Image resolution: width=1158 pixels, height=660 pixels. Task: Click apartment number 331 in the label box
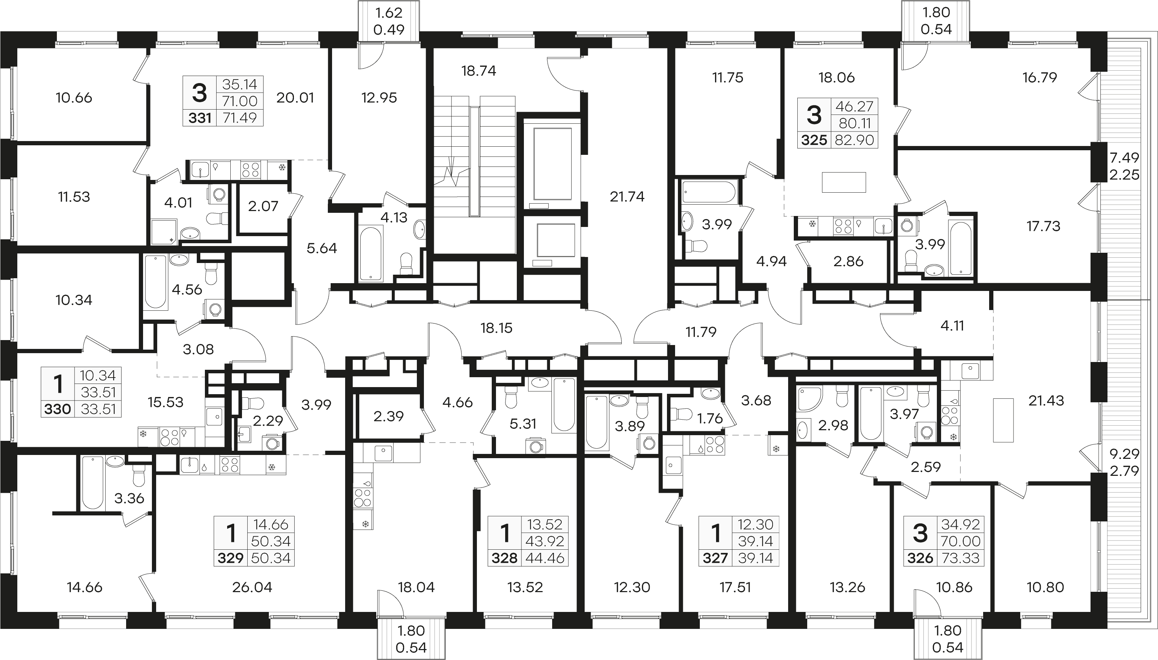tap(200, 118)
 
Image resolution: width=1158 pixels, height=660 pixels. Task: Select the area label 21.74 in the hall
tap(627, 197)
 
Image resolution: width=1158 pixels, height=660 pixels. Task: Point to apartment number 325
tap(814, 140)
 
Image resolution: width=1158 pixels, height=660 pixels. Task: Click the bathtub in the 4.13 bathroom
tap(371, 254)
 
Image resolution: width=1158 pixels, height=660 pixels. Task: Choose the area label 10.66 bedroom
tap(74, 98)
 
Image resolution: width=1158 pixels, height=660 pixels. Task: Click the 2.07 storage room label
tap(263, 206)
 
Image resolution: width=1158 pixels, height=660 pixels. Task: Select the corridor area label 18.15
tap(496, 328)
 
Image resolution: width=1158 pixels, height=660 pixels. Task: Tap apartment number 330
tap(58, 409)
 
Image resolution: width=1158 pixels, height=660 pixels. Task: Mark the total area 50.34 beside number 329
tap(271, 557)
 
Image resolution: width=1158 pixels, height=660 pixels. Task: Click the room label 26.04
tap(252, 588)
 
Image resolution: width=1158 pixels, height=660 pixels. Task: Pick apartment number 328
tap(504, 558)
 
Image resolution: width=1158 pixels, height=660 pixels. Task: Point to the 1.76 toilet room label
tap(710, 419)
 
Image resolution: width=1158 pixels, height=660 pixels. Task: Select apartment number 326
tap(920, 558)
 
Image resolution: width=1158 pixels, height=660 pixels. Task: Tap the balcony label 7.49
tap(1124, 158)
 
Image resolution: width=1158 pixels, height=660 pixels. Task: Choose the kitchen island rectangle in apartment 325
tap(844, 182)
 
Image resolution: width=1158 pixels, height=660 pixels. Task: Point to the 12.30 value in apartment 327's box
tap(755, 525)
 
